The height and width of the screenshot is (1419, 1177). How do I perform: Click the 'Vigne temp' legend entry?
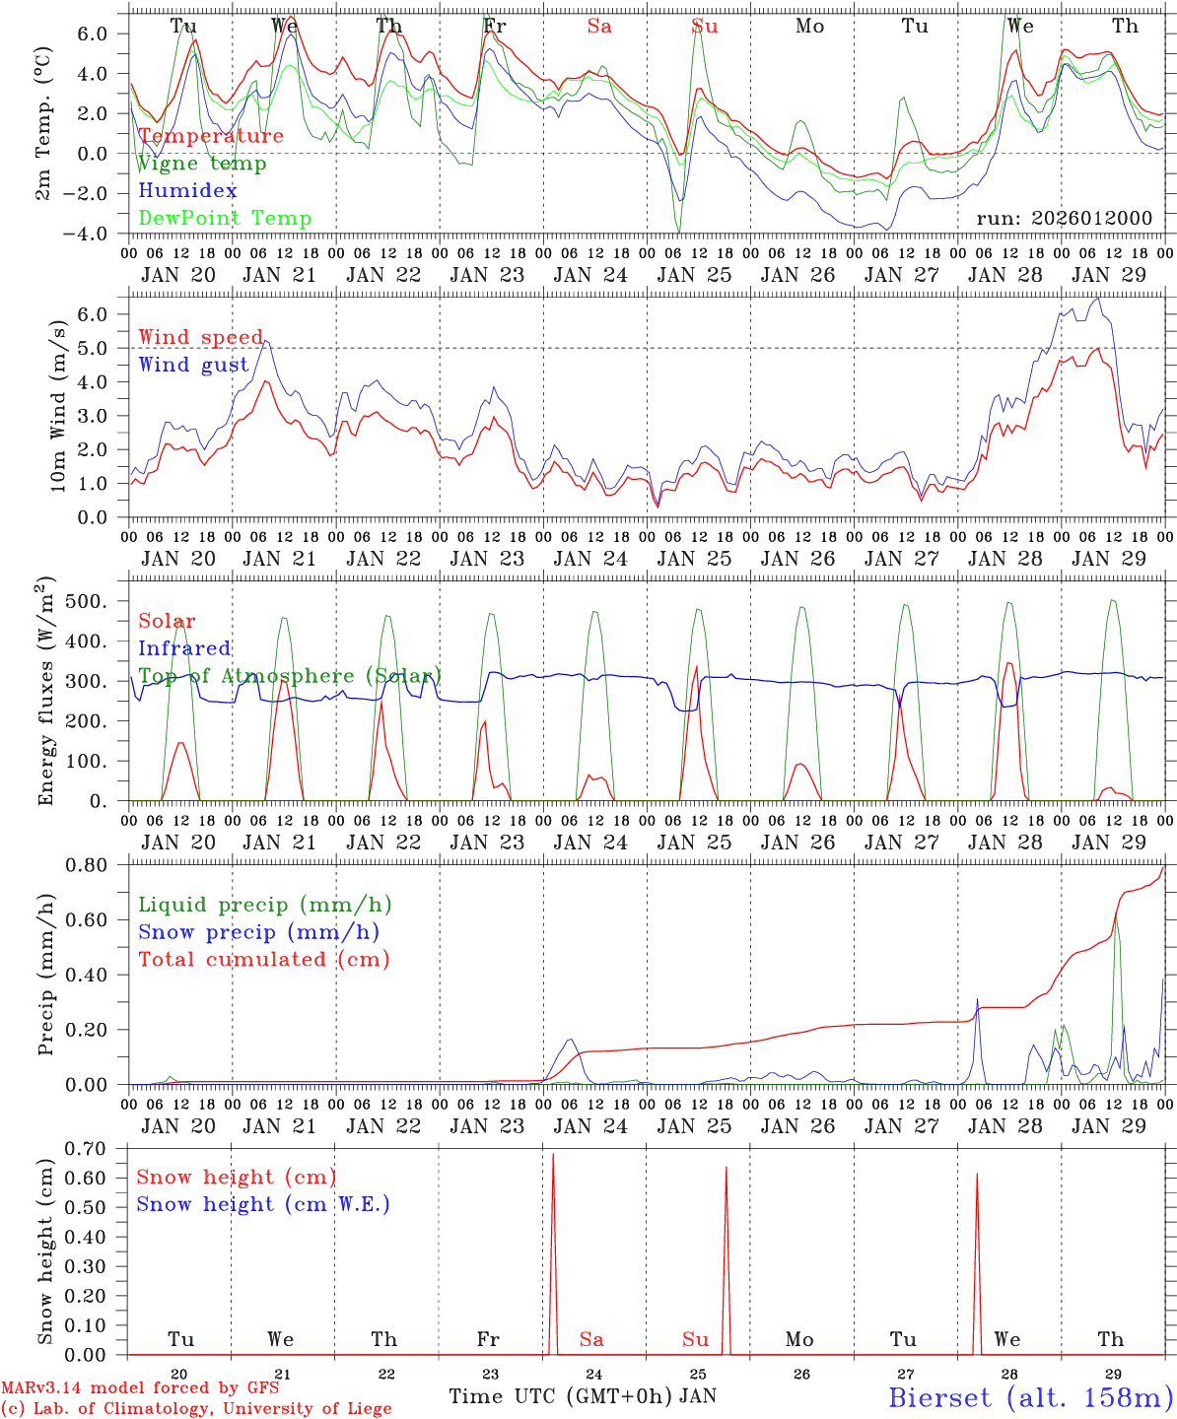[x=201, y=164]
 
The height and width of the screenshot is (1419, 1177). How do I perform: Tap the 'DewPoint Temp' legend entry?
[x=225, y=219]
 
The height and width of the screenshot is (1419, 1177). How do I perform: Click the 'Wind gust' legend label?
[x=193, y=366]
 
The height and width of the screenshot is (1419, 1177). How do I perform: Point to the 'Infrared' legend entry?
[x=184, y=648]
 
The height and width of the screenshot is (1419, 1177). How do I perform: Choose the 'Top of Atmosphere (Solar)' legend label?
[x=290, y=676]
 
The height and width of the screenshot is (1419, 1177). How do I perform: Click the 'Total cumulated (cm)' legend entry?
[x=263, y=960]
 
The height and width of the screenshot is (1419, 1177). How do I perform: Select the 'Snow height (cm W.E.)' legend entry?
[x=263, y=1204]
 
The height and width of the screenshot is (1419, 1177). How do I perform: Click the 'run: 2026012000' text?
[x=1064, y=219]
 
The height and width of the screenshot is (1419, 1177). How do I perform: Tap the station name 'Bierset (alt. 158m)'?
[x=1030, y=1396]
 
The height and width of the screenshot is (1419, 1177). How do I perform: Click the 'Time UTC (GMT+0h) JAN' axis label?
[x=583, y=1396]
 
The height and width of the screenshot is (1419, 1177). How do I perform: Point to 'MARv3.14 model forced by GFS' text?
[x=140, y=1388]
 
